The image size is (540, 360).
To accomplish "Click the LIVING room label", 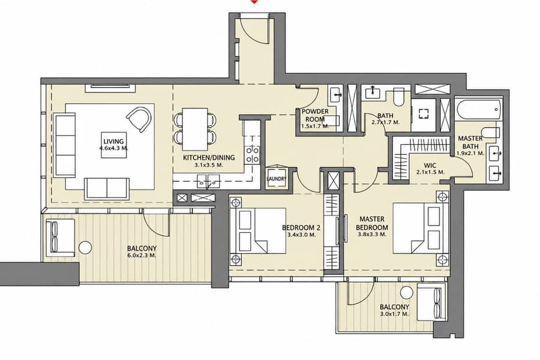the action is point(113,141).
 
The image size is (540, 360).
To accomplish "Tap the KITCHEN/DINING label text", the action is point(209,158).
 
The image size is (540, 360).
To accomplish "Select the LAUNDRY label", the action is point(276,179).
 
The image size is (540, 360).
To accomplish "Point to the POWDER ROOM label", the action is point(315,115).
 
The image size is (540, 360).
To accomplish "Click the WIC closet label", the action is point(430,166).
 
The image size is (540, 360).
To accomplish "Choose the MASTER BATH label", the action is point(470,142).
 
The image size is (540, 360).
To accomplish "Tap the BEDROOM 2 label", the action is point(301,228).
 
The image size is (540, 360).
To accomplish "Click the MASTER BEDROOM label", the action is point(372,223).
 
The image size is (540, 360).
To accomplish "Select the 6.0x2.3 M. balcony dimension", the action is point(142,256).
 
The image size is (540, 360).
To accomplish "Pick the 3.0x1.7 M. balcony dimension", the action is point(394,314).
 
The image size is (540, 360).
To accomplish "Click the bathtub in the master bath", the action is point(478,110).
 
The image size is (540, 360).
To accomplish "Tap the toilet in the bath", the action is point(398,97).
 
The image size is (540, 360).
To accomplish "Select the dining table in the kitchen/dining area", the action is point(195,129).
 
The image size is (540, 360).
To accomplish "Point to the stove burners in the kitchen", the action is point(252,154).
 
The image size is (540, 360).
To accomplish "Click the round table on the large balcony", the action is point(85,248).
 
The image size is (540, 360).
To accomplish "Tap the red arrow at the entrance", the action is point(254,2).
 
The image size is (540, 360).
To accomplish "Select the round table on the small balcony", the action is point(407,292).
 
